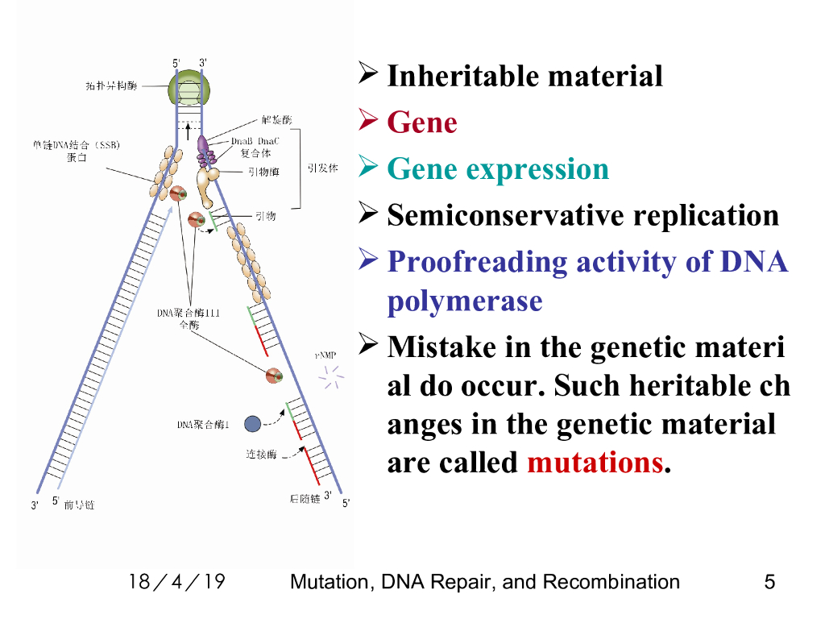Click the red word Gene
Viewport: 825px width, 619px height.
pyautogui.click(x=422, y=123)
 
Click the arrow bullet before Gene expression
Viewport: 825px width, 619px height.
pyautogui.click(x=368, y=168)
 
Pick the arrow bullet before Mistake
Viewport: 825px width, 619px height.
pyautogui.click(x=368, y=347)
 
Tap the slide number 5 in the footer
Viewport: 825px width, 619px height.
pyautogui.click(x=769, y=582)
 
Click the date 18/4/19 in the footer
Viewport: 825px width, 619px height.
pyautogui.click(x=177, y=582)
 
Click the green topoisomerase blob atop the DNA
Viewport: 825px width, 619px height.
pyautogui.click(x=189, y=87)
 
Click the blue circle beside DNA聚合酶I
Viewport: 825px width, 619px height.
pyautogui.click(x=252, y=423)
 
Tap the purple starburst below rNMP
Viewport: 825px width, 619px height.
pyautogui.click(x=330, y=375)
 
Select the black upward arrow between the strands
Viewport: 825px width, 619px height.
pyautogui.click(x=189, y=130)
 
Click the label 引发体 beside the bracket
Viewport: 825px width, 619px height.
pyautogui.click(x=322, y=169)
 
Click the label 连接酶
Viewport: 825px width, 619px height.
pyautogui.click(x=261, y=455)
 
